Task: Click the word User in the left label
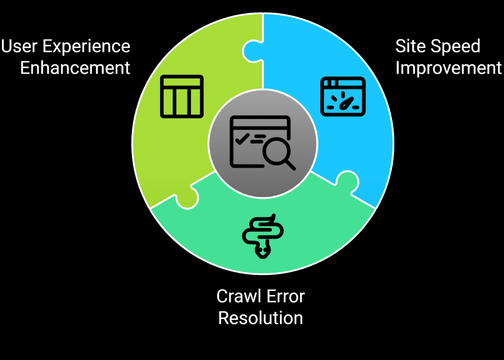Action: pos(19,47)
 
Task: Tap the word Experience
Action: pos(86,47)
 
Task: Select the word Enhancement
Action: pos(75,68)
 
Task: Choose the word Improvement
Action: pos(449,68)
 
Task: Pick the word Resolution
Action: pos(260,318)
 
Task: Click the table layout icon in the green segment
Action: pos(181,96)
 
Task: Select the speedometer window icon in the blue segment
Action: pos(343,96)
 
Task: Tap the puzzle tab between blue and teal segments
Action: pos(348,181)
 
